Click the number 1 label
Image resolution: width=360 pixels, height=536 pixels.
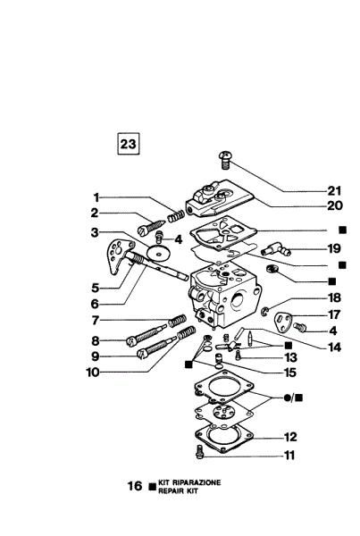click(95, 197)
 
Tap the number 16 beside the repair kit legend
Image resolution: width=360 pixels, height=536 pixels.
click(134, 487)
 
